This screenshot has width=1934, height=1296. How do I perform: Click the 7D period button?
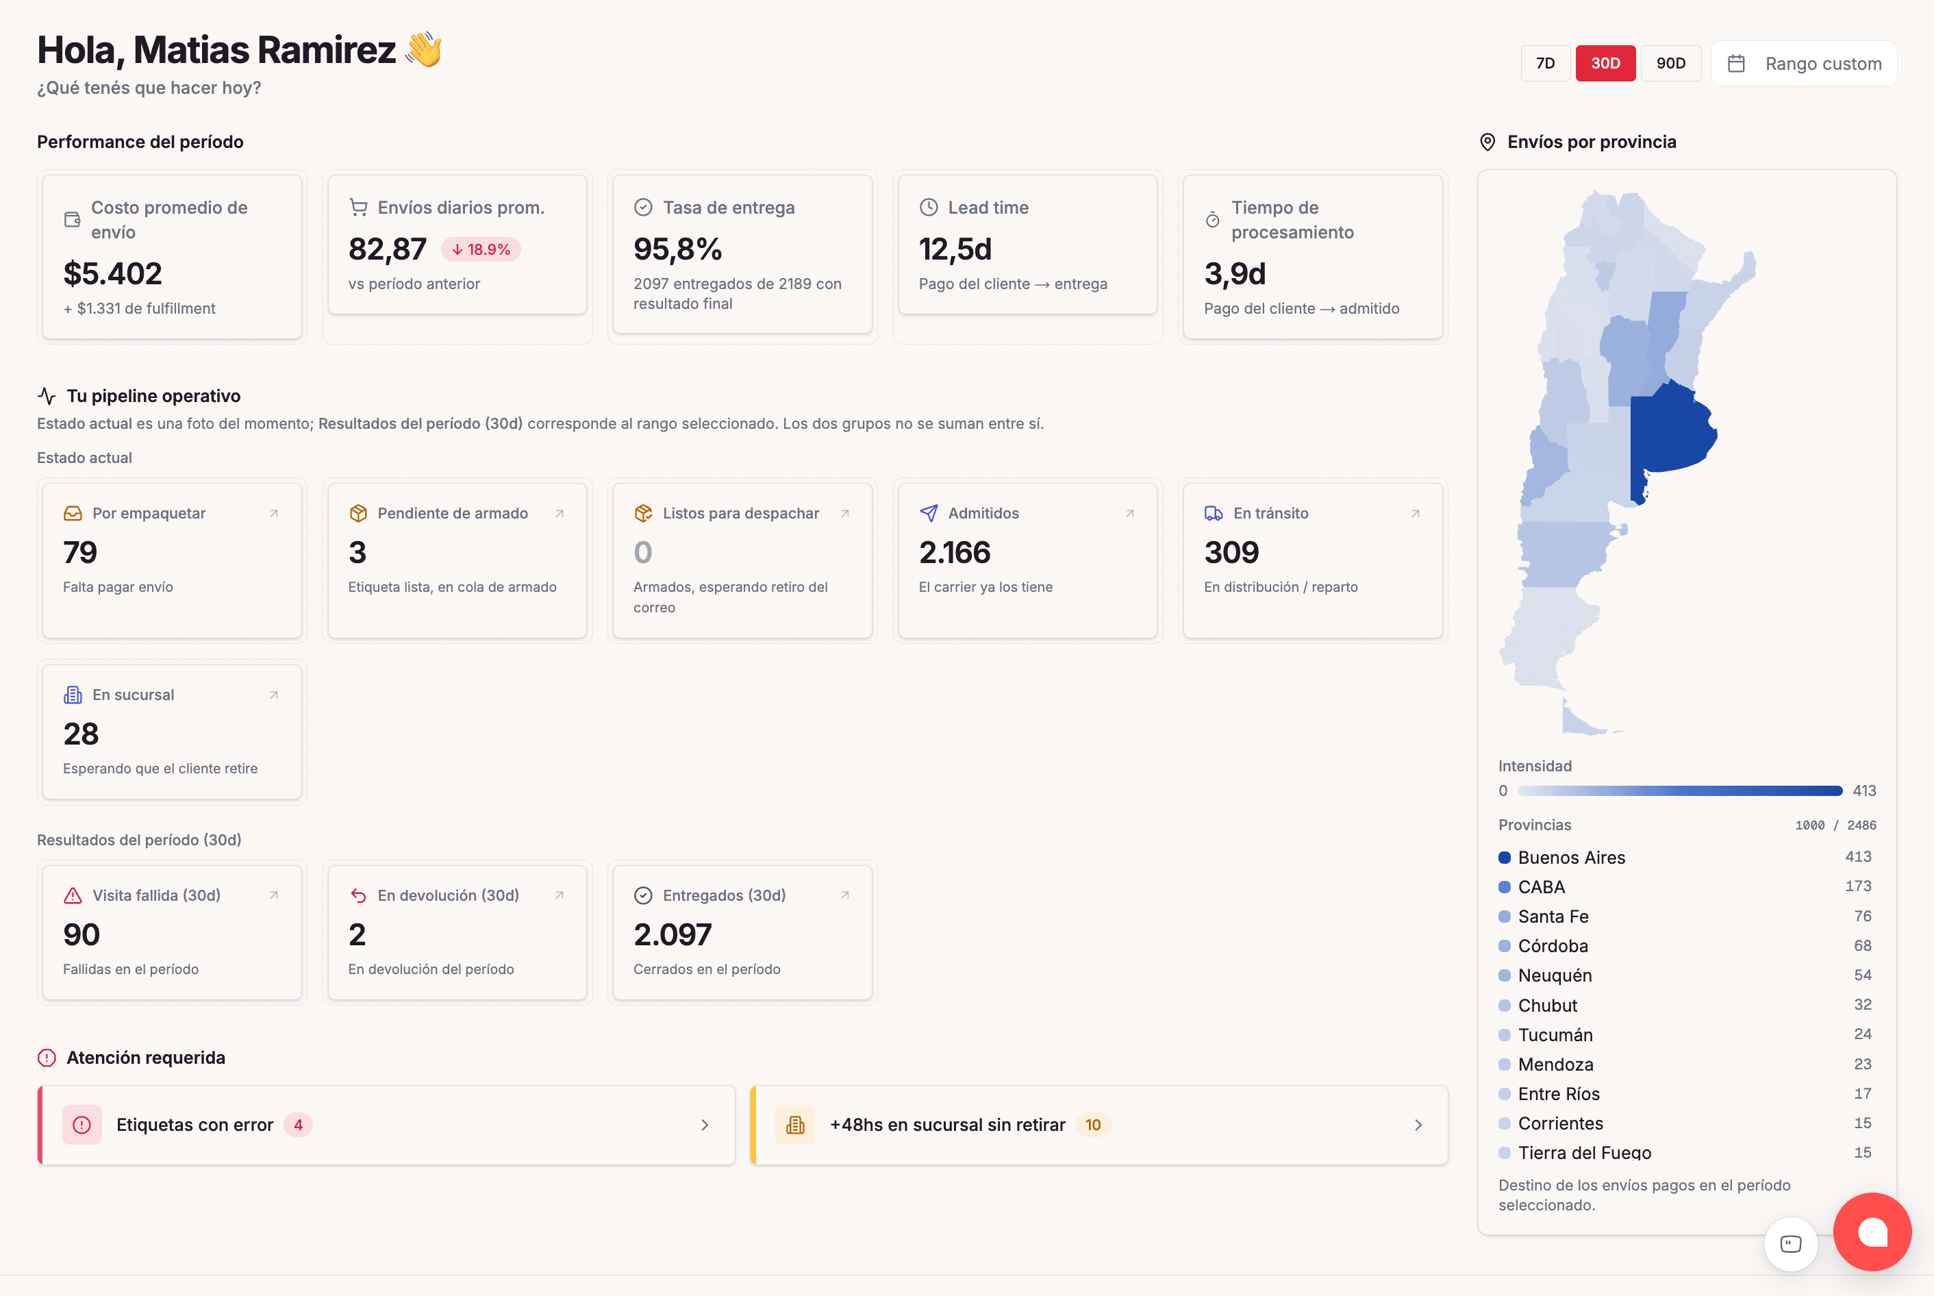1545,64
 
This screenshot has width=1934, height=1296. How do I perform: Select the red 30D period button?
1605,64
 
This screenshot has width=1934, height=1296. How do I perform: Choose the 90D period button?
1670,64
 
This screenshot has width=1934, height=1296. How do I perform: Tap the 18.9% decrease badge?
481,249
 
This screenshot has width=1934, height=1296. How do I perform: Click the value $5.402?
112,273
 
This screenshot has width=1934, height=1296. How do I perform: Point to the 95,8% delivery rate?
677,249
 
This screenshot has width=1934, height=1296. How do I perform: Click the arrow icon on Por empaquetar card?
274,513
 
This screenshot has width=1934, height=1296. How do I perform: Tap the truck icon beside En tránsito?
1213,513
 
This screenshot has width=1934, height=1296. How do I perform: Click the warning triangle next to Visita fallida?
73,895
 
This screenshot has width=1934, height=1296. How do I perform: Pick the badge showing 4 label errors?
298,1125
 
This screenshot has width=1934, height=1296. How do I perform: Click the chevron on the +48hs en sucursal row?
1418,1125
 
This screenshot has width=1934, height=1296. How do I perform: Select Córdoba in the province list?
1553,945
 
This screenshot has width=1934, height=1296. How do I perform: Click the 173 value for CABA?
1858,886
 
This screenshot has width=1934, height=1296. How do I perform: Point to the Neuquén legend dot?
1505,975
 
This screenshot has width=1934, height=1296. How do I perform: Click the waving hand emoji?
425,49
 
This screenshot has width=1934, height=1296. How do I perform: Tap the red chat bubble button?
1872,1232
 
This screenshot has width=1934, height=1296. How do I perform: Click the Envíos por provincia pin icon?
1487,142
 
